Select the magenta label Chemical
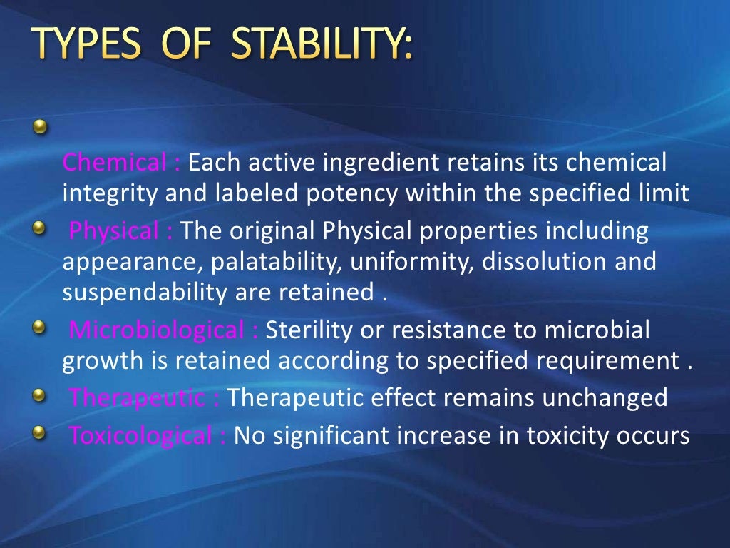point(115,163)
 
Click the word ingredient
point(382,163)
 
